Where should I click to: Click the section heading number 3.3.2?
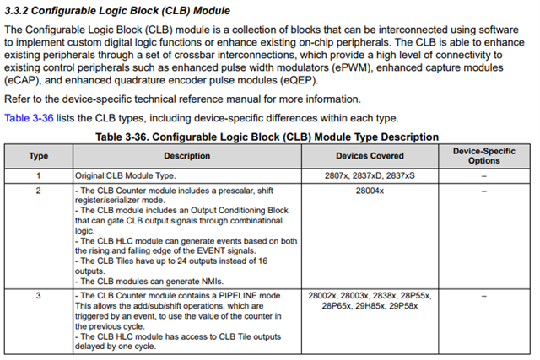[x=19, y=11]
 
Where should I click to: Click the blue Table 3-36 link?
[x=29, y=118]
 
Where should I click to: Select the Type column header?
[x=38, y=156]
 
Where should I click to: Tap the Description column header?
[x=186, y=156]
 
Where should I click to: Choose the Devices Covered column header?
[x=370, y=156]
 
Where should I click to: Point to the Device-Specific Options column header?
[x=483, y=155]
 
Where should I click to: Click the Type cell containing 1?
[x=38, y=175]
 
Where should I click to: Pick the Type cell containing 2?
[x=38, y=191]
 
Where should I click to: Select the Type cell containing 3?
[x=38, y=297]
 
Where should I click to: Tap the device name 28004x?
[x=370, y=191]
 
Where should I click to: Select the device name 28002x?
[x=324, y=297]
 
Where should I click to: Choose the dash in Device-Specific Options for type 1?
[x=483, y=175]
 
